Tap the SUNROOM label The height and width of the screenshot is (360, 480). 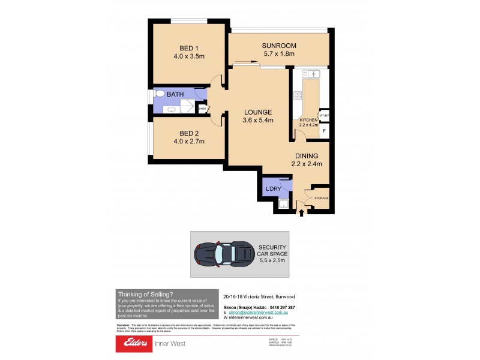[279, 46]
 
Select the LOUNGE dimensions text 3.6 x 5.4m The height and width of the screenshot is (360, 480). [258, 120]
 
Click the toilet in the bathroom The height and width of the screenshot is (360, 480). [159, 94]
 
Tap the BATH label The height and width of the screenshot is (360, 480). [175, 95]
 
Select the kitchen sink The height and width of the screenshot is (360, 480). [311, 74]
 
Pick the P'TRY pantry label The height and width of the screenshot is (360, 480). [324, 116]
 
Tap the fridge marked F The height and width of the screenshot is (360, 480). [325, 130]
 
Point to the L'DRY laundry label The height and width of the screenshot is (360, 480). [274, 190]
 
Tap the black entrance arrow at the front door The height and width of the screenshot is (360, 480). [301, 211]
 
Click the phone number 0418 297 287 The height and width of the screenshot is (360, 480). [280, 306]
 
